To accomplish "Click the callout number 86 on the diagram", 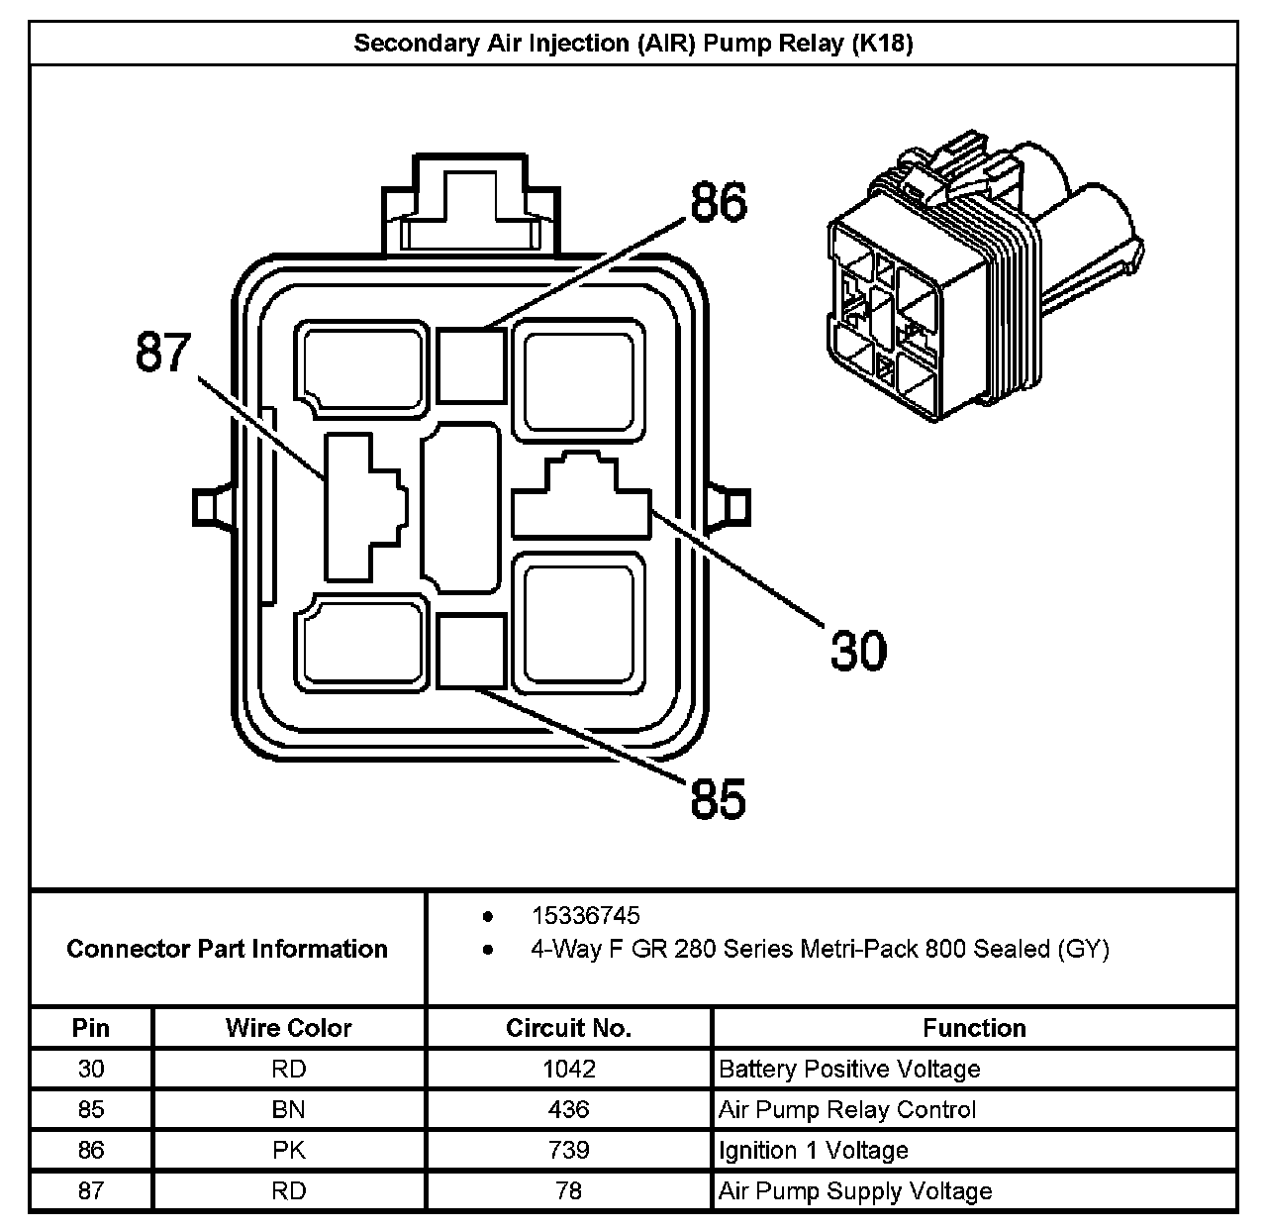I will tap(719, 203).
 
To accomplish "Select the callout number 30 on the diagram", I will tap(858, 651).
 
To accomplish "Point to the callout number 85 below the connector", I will tap(718, 798).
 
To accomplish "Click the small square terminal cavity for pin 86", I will tap(471, 363).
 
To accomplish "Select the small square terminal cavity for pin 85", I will tap(471, 650).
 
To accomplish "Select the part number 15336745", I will tap(585, 916).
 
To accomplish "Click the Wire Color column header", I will tap(288, 1028).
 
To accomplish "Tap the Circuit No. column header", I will tap(568, 1028).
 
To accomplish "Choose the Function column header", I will tap(974, 1028).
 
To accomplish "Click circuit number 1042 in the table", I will tap(568, 1069).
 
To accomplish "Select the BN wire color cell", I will tap(288, 1109).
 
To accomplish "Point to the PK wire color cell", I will tap(288, 1150).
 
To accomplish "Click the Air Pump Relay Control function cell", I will tap(847, 1109).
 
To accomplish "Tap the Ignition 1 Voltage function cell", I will tap(814, 1150).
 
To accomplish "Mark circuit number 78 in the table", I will tap(568, 1190).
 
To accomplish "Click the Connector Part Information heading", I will tap(227, 949).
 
